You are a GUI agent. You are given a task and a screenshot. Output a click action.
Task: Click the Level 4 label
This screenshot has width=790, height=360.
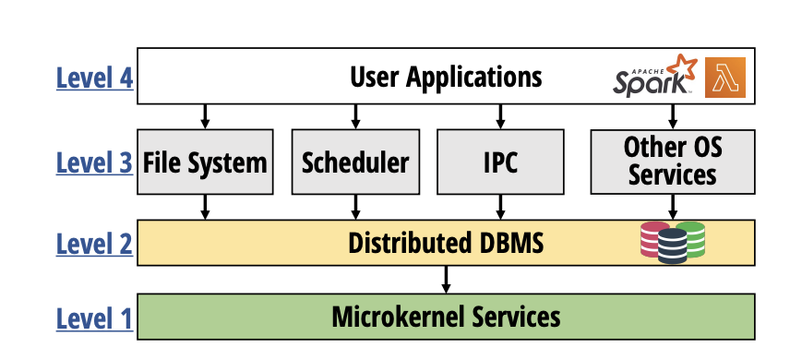click(x=94, y=78)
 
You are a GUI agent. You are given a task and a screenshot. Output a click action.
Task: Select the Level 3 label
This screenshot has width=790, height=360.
click(x=94, y=162)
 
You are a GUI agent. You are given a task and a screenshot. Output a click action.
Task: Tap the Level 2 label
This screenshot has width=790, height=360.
click(x=94, y=244)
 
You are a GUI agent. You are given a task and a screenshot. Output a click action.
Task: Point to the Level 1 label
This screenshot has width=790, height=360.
click(x=94, y=318)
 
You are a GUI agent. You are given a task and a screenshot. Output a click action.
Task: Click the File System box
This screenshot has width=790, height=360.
click(x=206, y=162)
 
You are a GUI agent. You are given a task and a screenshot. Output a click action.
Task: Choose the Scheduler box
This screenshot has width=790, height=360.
click(x=355, y=162)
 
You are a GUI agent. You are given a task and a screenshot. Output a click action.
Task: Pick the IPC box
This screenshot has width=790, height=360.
click(x=500, y=162)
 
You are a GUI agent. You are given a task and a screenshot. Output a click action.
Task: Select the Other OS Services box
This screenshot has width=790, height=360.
click(x=672, y=161)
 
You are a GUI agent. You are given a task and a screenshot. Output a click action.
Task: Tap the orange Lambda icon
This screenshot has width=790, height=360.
click(x=724, y=78)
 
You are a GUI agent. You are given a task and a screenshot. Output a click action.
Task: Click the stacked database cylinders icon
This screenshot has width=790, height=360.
click(x=673, y=242)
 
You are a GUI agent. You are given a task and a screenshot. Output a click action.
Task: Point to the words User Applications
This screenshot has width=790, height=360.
click(x=446, y=76)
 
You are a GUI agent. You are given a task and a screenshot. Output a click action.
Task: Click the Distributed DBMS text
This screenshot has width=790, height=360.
click(x=446, y=244)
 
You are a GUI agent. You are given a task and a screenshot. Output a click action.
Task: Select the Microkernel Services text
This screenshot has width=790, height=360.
click(x=446, y=318)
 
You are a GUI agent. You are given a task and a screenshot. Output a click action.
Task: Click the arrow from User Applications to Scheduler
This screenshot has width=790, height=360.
click(x=355, y=116)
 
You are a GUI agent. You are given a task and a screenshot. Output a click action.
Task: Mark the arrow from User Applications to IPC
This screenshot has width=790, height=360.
click(x=500, y=116)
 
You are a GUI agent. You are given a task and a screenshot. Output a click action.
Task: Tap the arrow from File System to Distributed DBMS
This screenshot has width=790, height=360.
click(x=206, y=207)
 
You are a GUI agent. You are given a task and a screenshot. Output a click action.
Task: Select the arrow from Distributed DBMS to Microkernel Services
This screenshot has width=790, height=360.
click(x=446, y=279)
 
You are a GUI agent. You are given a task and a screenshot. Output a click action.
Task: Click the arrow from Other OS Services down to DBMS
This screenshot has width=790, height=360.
click(x=672, y=207)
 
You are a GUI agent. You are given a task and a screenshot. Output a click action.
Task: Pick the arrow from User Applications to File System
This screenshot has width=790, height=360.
click(x=206, y=116)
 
